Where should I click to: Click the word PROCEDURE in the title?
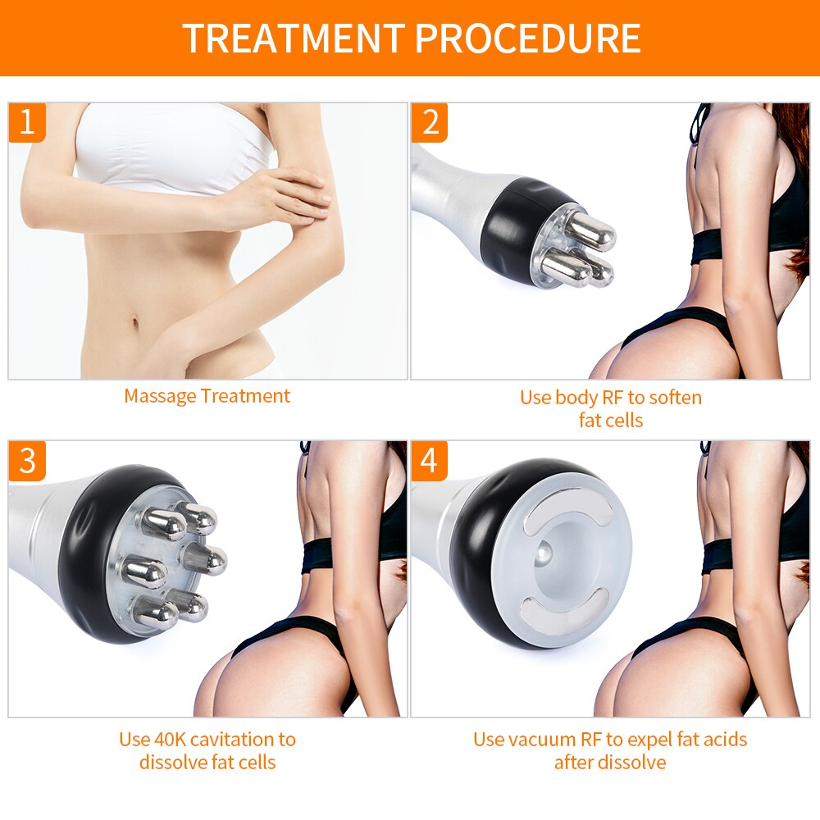pyautogui.click(x=527, y=39)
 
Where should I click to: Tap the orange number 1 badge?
pyautogui.click(x=27, y=123)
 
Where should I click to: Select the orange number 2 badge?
pyautogui.click(x=430, y=123)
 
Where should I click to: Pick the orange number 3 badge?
pyautogui.click(x=27, y=461)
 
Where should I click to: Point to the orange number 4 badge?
pyautogui.click(x=430, y=461)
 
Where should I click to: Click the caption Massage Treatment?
pyautogui.click(x=207, y=396)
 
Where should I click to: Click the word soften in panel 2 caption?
pyautogui.click(x=675, y=398)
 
